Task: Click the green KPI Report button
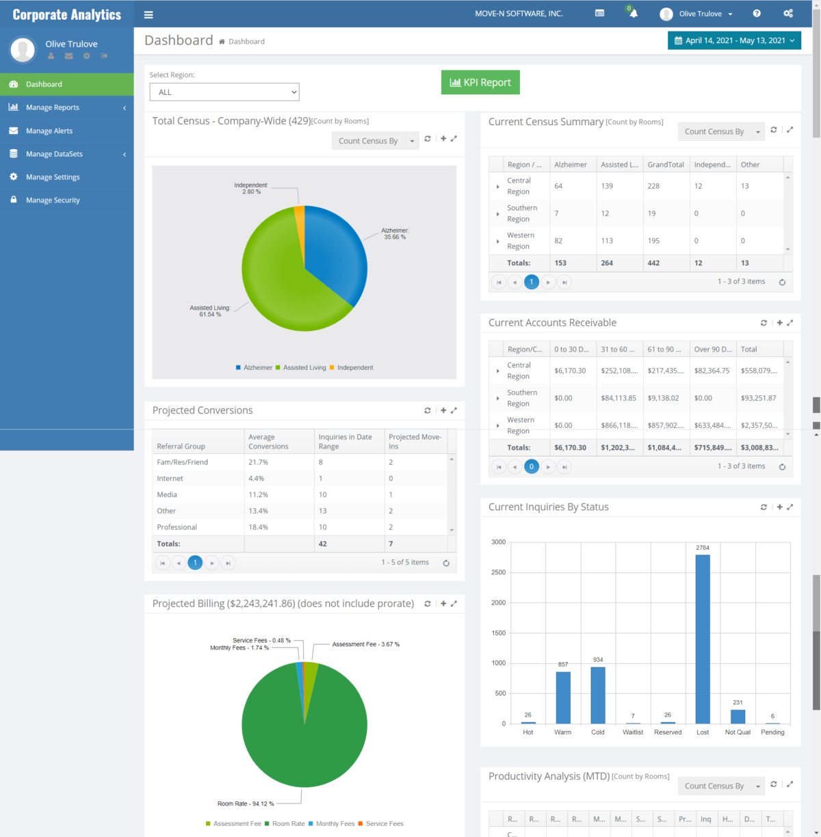click(480, 83)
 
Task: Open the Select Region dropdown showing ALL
click(224, 92)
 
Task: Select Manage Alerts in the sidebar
click(49, 131)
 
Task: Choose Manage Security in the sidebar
click(53, 200)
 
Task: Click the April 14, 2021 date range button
click(734, 41)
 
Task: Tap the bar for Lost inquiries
click(703, 639)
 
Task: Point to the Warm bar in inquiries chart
click(563, 697)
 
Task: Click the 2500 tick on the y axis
click(498, 572)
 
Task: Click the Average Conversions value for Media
click(259, 495)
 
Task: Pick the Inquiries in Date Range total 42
click(323, 544)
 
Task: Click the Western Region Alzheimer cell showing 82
click(558, 241)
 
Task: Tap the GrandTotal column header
click(666, 165)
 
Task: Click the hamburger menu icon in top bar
click(148, 14)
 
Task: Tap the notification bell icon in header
click(634, 14)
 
